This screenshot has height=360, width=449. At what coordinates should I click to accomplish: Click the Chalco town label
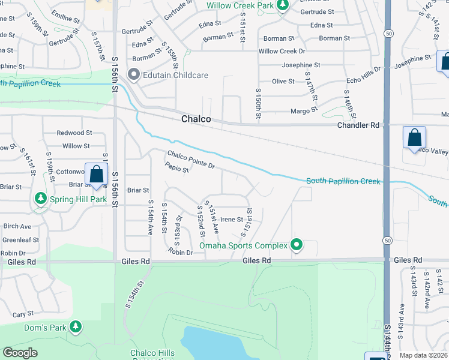(196, 119)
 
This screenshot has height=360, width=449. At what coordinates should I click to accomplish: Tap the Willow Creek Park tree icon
(283, 6)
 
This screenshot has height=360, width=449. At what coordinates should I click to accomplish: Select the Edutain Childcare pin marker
(133, 75)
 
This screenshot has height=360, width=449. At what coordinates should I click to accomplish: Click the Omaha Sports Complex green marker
(295, 244)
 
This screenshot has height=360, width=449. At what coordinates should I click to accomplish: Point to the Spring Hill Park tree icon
(40, 197)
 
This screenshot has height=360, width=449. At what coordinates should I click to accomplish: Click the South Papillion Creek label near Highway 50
(343, 181)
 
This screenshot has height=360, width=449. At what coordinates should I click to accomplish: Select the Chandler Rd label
(358, 125)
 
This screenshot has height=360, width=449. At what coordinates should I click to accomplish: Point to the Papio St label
(177, 170)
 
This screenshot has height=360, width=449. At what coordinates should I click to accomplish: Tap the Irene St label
(232, 220)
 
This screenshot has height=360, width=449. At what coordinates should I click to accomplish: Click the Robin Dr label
(181, 253)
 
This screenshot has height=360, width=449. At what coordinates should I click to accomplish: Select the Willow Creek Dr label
(282, 52)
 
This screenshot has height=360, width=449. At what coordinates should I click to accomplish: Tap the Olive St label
(283, 81)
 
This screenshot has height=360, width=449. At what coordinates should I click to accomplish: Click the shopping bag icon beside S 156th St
(96, 175)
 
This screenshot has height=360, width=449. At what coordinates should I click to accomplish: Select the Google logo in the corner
(20, 353)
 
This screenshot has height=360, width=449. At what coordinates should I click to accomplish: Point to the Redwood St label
(74, 133)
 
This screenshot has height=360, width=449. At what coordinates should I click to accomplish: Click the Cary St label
(23, 314)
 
